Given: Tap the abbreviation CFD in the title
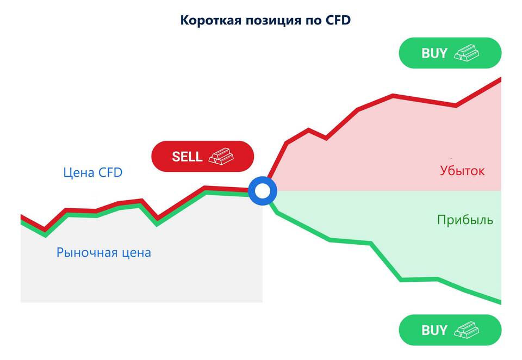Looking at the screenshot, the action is pyautogui.click(x=338, y=20).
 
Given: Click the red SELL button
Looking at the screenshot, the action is pyautogui.click(x=203, y=156).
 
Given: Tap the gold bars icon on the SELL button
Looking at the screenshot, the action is pyautogui.click(x=221, y=156).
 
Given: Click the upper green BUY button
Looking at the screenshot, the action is pyautogui.click(x=450, y=53).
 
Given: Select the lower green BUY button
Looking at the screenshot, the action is pyautogui.click(x=450, y=330).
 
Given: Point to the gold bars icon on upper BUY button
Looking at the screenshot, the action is pyautogui.click(x=467, y=53).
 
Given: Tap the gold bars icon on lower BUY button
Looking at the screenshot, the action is pyautogui.click(x=467, y=330).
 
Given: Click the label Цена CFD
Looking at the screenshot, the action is pyautogui.click(x=93, y=172).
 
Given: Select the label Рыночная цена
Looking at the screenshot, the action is pyautogui.click(x=103, y=252).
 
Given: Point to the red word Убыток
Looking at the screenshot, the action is pyautogui.click(x=462, y=171).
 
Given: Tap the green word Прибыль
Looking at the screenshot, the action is pyautogui.click(x=465, y=220).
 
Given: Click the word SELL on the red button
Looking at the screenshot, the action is pyautogui.click(x=187, y=157).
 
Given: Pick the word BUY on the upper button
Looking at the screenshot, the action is pyautogui.click(x=434, y=53).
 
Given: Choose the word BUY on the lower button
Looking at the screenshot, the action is pyautogui.click(x=434, y=330).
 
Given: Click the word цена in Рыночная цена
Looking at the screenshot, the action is pyautogui.click(x=136, y=253).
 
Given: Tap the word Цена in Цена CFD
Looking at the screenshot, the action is pyautogui.click(x=78, y=173).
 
